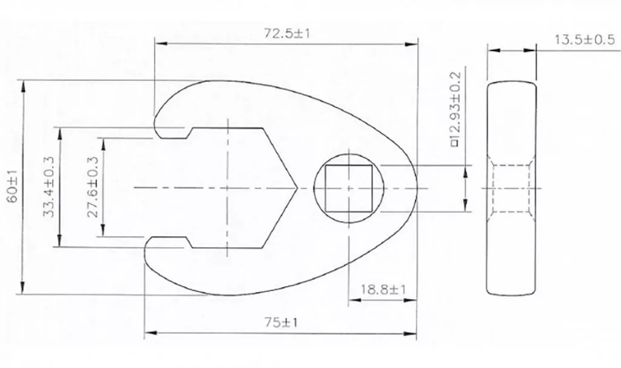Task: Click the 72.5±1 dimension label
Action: (x=286, y=33)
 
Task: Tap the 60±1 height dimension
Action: (x=13, y=186)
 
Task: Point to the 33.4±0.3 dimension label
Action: (x=49, y=186)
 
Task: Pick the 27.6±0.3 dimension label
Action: (x=93, y=186)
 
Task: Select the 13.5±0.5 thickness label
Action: (x=584, y=39)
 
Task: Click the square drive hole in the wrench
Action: (x=349, y=188)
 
